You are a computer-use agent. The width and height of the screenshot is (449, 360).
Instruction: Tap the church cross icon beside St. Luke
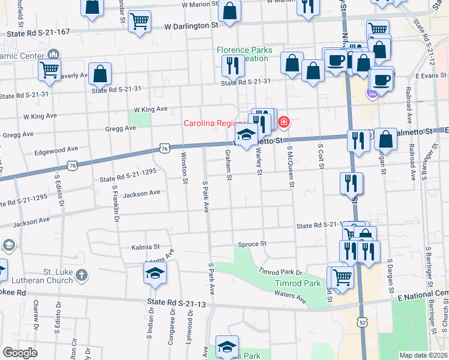pyautogui.click(x=82, y=276)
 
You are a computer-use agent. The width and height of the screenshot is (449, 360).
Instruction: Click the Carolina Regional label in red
pyautogui.click(x=215, y=124)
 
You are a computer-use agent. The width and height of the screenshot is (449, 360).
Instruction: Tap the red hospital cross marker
pyautogui.click(x=283, y=123)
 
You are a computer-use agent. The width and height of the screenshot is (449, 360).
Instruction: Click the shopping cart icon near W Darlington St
pyautogui.click(x=139, y=21)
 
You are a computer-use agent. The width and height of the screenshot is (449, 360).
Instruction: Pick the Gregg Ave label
pyautogui.click(x=120, y=128)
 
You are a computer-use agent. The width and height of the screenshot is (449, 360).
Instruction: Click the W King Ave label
pyautogui.click(x=150, y=109)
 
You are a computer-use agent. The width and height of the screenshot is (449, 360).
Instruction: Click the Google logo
pyautogui.click(x=20, y=353)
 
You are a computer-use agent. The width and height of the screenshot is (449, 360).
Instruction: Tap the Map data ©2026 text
pyautogui.click(x=423, y=355)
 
